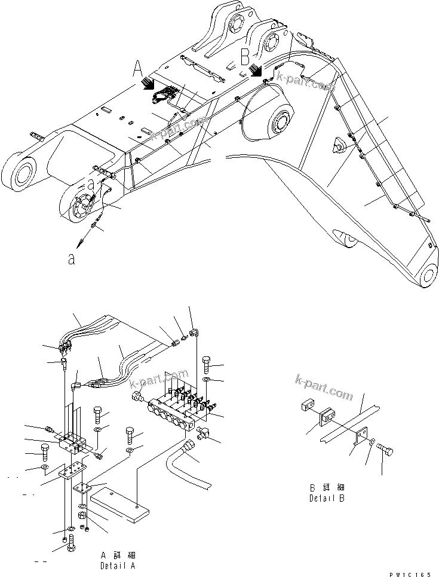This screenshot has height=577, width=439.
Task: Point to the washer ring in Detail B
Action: tap(372, 442)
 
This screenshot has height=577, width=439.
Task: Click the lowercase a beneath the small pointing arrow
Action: tap(71, 259)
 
